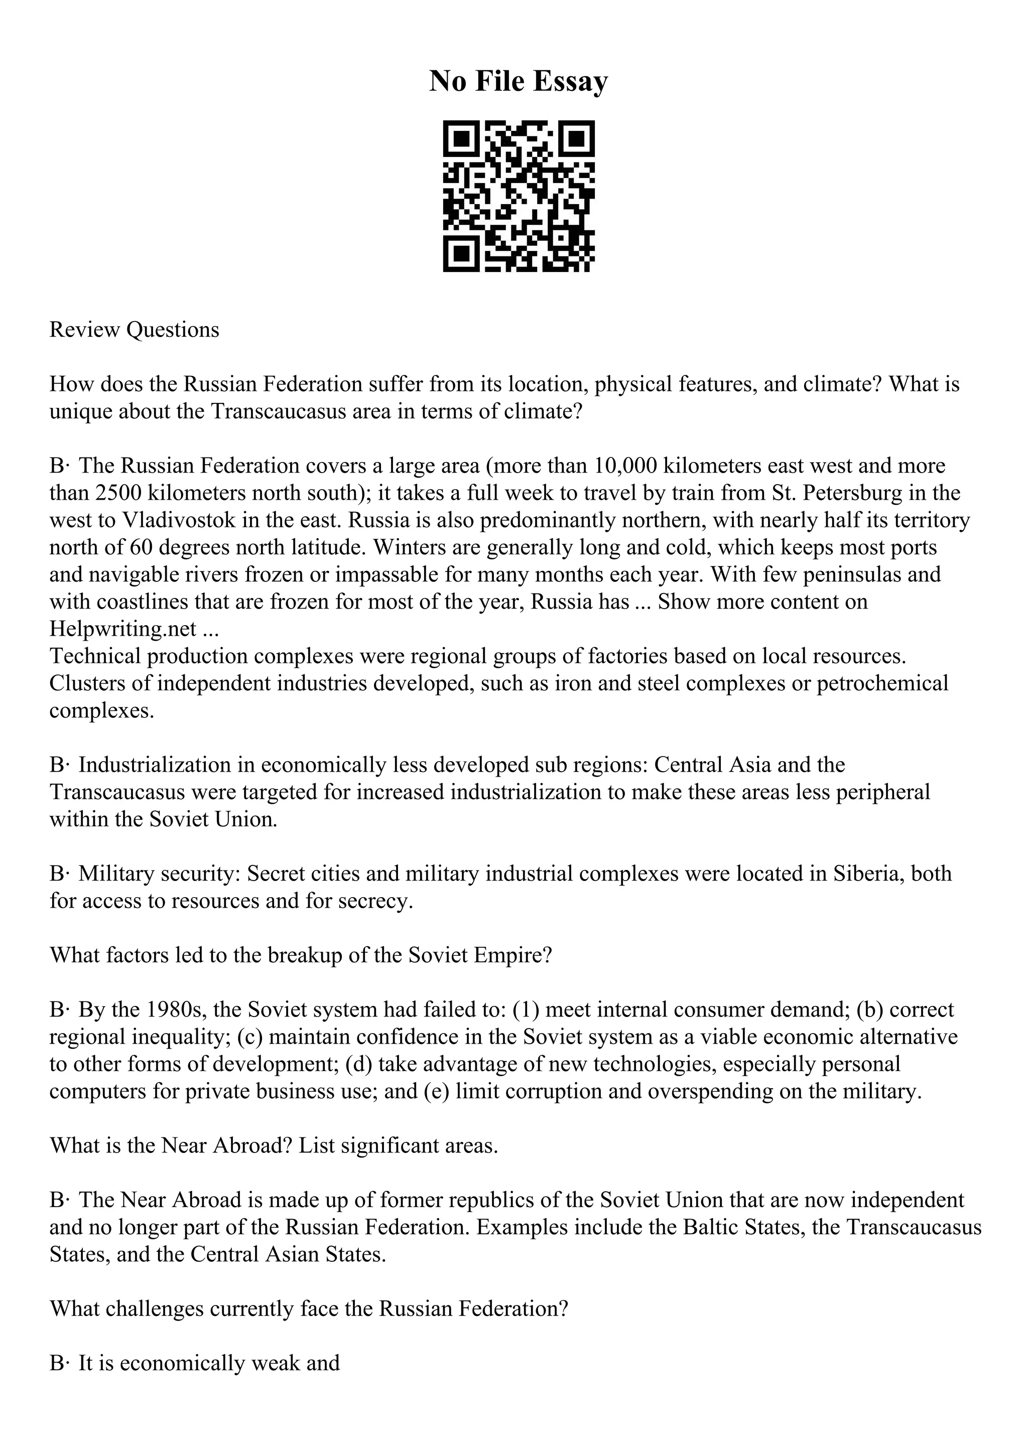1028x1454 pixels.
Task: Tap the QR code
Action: tap(518, 196)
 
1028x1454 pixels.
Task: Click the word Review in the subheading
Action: tap(85, 330)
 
